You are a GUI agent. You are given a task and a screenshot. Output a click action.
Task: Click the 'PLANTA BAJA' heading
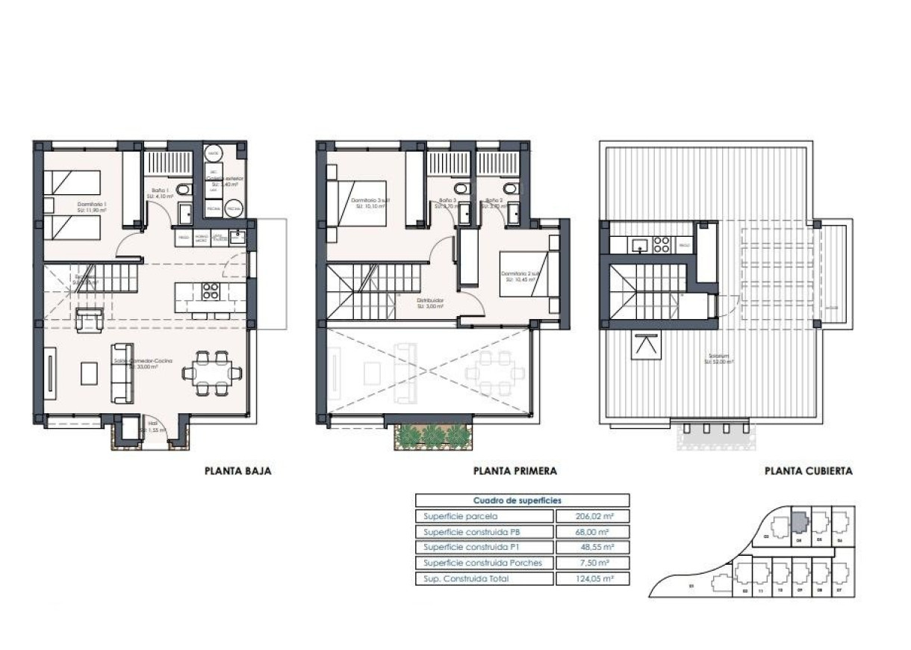[237, 471]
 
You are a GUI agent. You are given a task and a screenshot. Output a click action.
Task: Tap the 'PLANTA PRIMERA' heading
[515, 471]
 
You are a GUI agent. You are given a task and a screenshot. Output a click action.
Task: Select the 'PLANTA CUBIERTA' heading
[808, 471]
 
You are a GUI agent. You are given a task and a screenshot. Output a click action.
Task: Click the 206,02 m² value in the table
[593, 516]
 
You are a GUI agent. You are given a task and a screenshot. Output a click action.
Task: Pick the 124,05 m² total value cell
[593, 578]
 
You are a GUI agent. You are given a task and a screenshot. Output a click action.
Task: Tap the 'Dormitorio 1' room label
[93, 205]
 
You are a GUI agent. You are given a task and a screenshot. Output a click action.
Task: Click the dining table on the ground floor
[212, 371]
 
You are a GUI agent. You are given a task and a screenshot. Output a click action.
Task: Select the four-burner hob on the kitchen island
[211, 291]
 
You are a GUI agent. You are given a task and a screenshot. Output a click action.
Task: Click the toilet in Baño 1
[187, 190]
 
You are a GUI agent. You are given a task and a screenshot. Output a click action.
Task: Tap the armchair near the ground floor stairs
[89, 320]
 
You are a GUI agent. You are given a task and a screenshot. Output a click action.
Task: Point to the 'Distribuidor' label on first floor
[430, 301]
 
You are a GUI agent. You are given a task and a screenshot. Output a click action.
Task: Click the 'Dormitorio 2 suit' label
[520, 273]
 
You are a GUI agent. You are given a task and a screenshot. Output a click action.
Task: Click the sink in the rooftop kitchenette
[640, 244]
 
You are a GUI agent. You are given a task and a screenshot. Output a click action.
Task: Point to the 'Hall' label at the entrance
[152, 423]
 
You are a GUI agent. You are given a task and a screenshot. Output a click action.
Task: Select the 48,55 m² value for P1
[593, 548]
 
